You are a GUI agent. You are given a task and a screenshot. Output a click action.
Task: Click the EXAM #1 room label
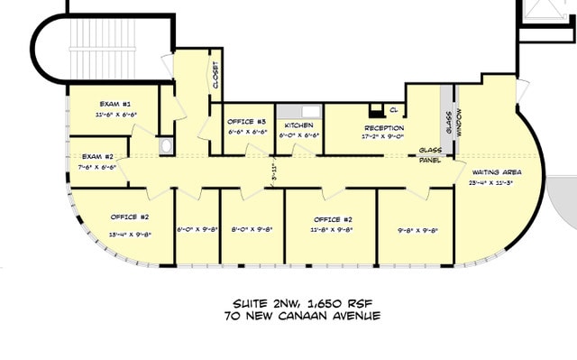pyautogui.click(x=114, y=105)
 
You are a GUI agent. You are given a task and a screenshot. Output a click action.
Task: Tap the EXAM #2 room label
pyautogui.click(x=97, y=156)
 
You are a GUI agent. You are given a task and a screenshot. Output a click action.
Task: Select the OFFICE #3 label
pyautogui.click(x=246, y=122)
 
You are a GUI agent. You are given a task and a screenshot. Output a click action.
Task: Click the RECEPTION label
pyautogui.click(x=383, y=128)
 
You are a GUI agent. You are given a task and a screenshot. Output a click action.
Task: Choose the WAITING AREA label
pyautogui.click(x=496, y=171)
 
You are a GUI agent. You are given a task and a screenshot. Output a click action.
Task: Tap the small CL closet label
pyautogui.click(x=394, y=110)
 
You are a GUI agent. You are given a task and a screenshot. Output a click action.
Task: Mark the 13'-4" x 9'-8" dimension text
pyautogui.click(x=130, y=233)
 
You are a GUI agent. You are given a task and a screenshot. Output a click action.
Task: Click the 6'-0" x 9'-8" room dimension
pyautogui.click(x=197, y=228)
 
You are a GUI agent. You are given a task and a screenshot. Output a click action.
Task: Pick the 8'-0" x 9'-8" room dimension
pyautogui.click(x=252, y=228)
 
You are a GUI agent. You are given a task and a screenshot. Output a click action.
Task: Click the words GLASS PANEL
pyautogui.click(x=429, y=155)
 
